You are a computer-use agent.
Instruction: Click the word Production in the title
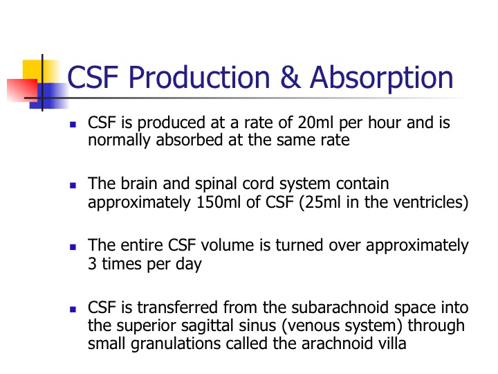199,77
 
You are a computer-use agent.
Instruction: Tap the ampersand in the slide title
290,77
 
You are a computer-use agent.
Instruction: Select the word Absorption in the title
381,78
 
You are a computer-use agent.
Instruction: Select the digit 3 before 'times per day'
92,264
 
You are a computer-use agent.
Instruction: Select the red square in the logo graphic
23,90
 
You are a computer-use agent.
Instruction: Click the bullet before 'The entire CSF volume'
73,247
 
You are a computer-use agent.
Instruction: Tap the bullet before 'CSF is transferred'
73,309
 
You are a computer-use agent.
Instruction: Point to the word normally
119,141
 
